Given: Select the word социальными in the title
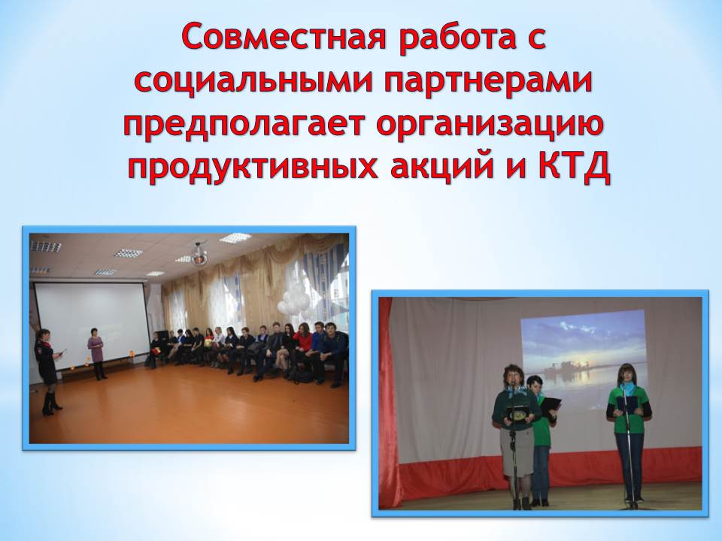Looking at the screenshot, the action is (253, 81).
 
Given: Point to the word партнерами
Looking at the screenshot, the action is (487, 83).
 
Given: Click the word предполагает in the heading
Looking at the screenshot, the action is (244, 125).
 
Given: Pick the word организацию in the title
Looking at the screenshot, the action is (490, 125).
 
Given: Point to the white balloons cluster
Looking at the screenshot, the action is (294, 299).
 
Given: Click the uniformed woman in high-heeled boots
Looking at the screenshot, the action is (48, 372).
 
